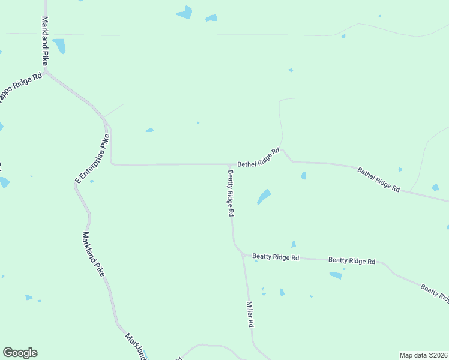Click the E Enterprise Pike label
pos(92,158)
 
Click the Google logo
pos(20,353)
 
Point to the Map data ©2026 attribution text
pos(423,355)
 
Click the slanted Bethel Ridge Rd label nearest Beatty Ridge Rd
pos(259,158)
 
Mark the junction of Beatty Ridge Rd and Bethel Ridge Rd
pos(230,164)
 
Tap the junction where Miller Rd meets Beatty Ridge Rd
pos(243,255)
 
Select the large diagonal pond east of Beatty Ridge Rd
pos(264,196)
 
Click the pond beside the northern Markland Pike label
pos(59,46)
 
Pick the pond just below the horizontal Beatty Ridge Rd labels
pos(336,275)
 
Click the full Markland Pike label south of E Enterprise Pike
pos(94,254)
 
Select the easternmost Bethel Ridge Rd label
pos(379,179)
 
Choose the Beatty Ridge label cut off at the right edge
pos(435,293)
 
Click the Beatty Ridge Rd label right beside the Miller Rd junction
pos(276,257)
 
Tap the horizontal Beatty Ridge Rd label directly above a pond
pos(352,261)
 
